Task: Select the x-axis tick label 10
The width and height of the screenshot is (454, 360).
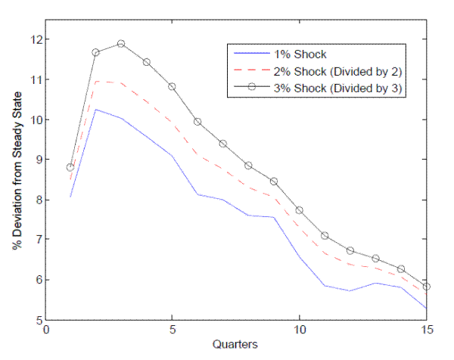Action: pyautogui.click(x=300, y=331)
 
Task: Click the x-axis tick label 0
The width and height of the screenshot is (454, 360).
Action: pyautogui.click(x=47, y=331)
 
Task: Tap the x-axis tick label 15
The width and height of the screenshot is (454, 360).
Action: pyautogui.click(x=427, y=331)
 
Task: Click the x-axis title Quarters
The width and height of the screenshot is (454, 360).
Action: pyautogui.click(x=237, y=345)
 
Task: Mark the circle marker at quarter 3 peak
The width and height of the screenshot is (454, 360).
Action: pyautogui.click(x=121, y=44)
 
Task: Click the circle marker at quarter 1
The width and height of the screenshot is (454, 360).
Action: pyautogui.click(x=70, y=168)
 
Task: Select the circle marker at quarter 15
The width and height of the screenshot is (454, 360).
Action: pyautogui.click(x=427, y=287)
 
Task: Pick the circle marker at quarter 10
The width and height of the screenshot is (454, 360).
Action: pyautogui.click(x=300, y=210)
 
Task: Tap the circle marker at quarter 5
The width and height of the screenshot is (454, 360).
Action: pyautogui.click(x=172, y=86)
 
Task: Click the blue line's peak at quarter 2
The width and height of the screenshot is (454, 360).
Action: pyautogui.click(x=96, y=109)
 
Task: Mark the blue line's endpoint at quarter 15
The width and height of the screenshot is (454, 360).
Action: pyautogui.click(x=427, y=309)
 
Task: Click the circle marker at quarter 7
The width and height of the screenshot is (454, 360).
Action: pyautogui.click(x=223, y=144)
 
